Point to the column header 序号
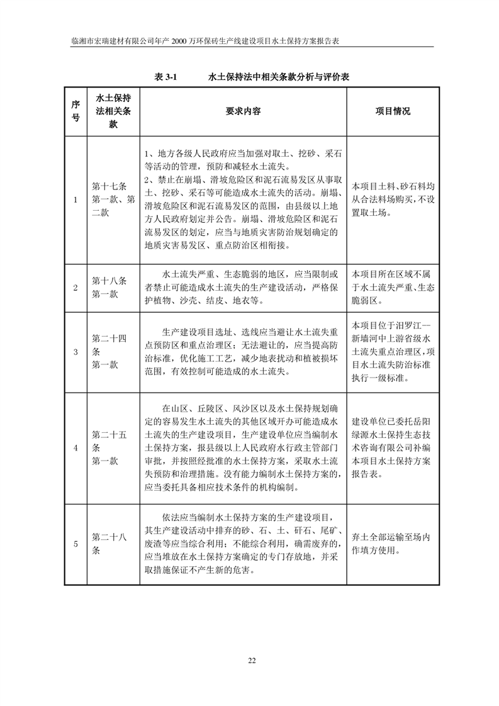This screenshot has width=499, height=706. tap(76, 111)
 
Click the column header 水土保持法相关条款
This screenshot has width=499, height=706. tap(113, 111)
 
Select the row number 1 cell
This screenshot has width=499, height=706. tap(76, 200)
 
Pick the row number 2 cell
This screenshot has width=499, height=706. tap(76, 288)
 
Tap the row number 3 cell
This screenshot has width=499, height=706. tap(76, 351)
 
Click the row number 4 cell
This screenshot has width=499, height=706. tap(76, 448)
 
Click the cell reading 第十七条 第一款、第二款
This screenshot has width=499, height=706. tap(113, 200)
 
